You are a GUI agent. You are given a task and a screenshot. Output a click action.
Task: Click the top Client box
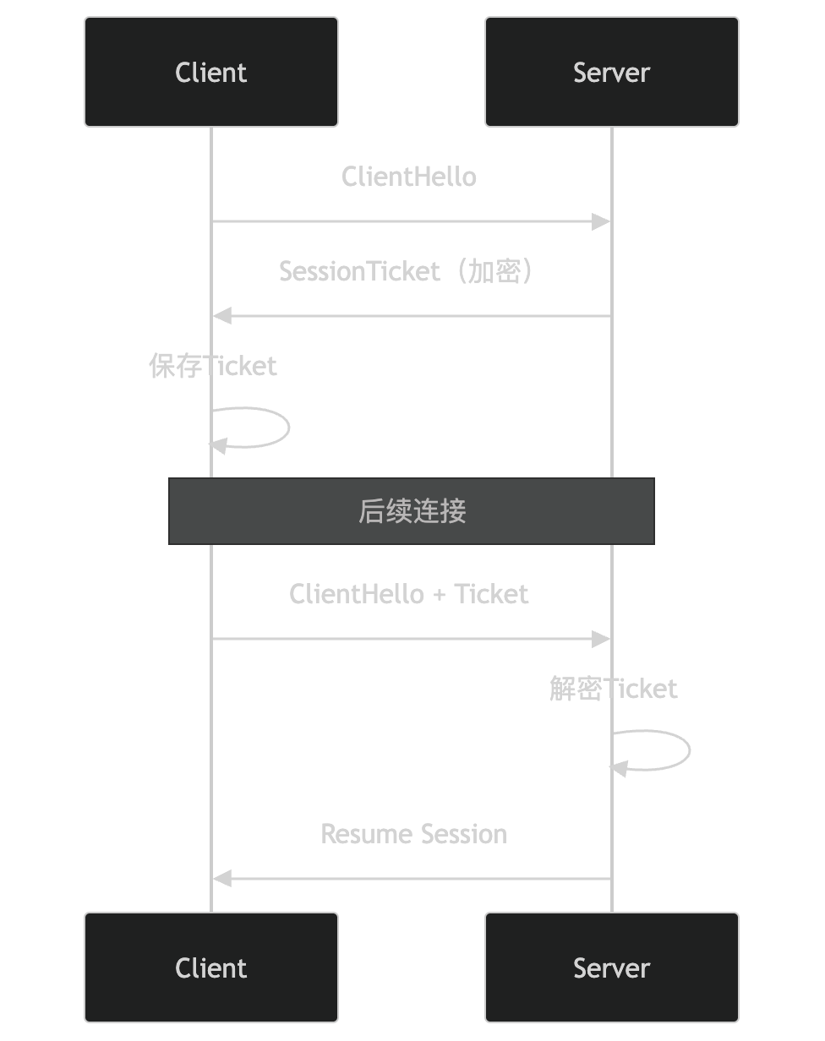(x=211, y=72)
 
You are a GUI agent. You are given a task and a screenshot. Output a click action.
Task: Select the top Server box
(x=611, y=72)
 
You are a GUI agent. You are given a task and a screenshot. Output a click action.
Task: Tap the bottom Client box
(x=211, y=967)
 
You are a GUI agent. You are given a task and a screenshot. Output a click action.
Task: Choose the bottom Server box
(x=611, y=967)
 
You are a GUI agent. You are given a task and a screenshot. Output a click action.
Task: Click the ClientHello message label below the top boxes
(x=409, y=177)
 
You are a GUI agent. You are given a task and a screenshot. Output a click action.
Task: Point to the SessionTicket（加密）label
(x=409, y=271)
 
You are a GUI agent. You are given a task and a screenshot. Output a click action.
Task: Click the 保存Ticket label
(x=213, y=366)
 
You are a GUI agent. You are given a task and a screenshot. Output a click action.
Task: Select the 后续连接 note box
(x=412, y=511)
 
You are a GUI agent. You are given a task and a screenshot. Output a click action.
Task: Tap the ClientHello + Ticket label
(x=409, y=594)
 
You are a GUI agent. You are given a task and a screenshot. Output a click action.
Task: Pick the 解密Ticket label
(x=614, y=689)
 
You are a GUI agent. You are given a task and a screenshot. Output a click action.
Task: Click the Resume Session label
(x=414, y=834)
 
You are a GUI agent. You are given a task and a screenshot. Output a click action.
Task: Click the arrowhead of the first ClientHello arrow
(x=601, y=222)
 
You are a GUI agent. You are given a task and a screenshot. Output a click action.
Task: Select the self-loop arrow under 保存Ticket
(x=288, y=427)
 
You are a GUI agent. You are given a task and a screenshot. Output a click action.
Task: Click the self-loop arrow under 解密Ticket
(x=689, y=749)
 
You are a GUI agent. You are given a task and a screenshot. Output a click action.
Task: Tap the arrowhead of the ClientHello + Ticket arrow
(x=601, y=639)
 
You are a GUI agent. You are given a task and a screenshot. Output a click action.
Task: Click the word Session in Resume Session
(x=464, y=834)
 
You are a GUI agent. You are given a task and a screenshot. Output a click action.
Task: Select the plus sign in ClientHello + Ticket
(x=439, y=595)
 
